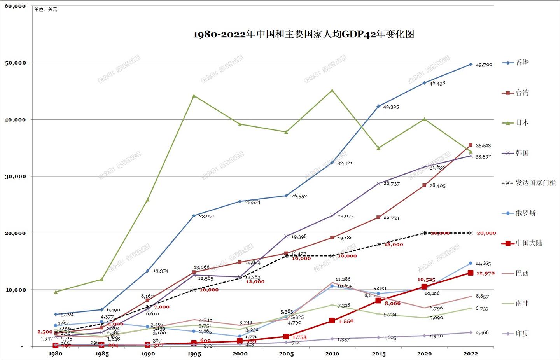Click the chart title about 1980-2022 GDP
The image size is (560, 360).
coord(303,34)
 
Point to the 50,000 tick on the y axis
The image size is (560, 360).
coord(16,63)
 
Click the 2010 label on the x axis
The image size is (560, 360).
coord(332,354)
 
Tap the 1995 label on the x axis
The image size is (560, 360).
coord(194,354)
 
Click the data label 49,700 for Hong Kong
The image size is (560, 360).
coord(484,65)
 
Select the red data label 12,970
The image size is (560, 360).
coord(485,273)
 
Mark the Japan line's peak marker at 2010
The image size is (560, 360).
coord(332,90)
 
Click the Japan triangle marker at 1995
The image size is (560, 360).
coord(194,96)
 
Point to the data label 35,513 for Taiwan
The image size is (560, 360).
coord(483,146)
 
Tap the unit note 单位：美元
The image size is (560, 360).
coord(45,9)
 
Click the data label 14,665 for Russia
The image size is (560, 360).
coord(483,264)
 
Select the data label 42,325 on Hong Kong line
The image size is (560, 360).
coord(391,107)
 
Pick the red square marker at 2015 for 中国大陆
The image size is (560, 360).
coord(378,301)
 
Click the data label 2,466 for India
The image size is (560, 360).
coord(482,333)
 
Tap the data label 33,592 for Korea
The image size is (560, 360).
coord(483,157)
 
